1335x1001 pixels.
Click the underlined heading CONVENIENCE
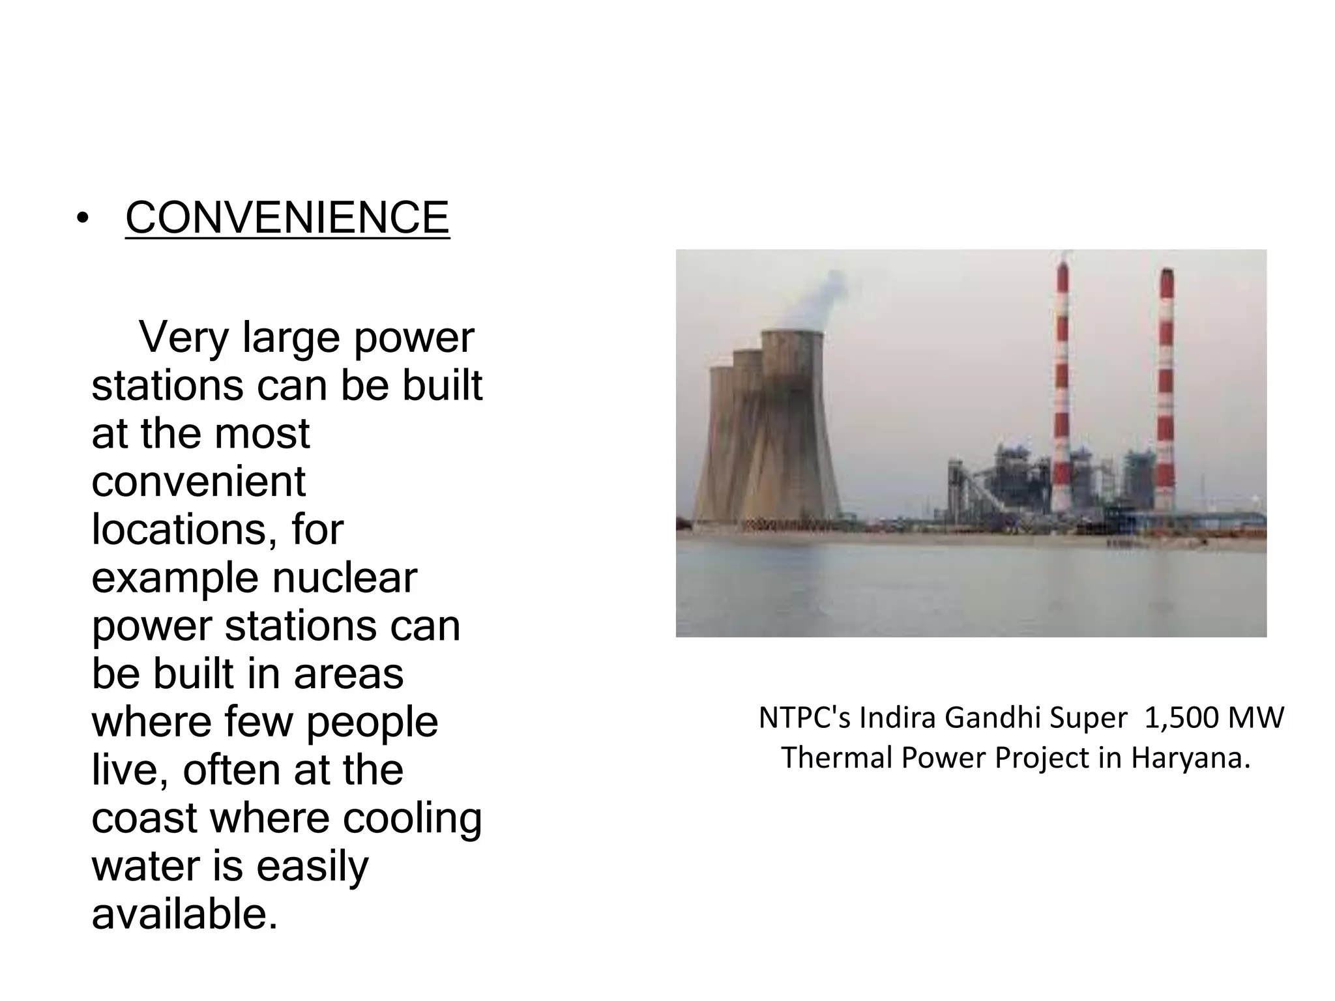click(287, 218)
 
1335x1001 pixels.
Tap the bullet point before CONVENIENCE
click(81, 219)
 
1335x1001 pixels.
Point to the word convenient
click(198, 482)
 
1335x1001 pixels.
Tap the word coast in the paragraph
click(144, 819)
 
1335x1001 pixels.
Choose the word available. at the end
click(184, 914)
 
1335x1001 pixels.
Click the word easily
click(312, 867)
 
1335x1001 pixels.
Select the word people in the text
click(372, 723)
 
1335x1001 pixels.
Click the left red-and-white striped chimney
click(1062, 391)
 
